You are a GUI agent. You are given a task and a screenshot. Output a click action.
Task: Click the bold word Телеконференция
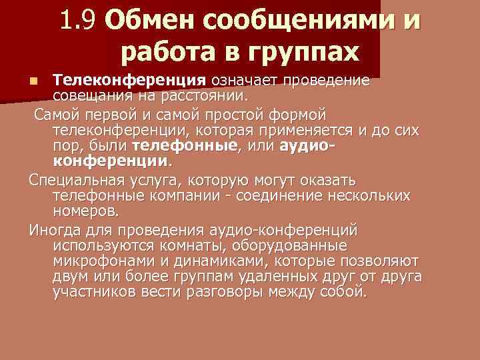(129, 81)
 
